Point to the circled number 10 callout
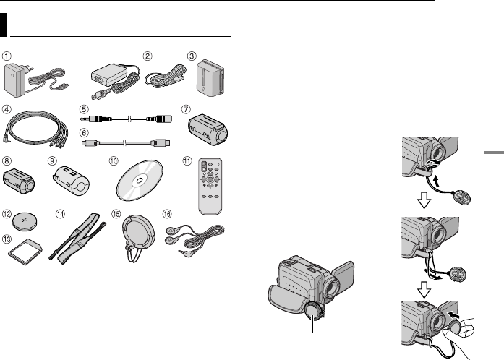click(114, 160)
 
